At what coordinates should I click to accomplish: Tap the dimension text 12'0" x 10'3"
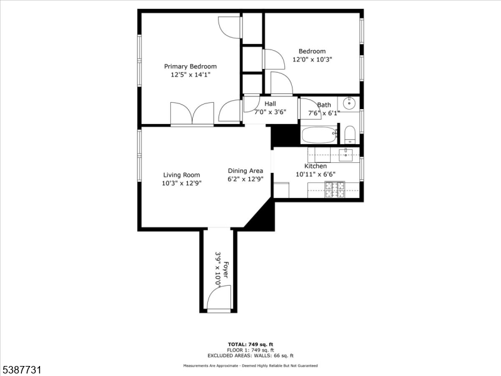312,60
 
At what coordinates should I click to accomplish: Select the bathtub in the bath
319,135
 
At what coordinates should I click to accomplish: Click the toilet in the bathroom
349,134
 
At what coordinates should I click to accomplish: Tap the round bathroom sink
349,103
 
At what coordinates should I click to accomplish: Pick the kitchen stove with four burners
334,189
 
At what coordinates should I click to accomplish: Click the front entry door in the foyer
219,299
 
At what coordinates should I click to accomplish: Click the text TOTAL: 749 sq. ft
250,344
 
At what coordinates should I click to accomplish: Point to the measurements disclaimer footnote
250,365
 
